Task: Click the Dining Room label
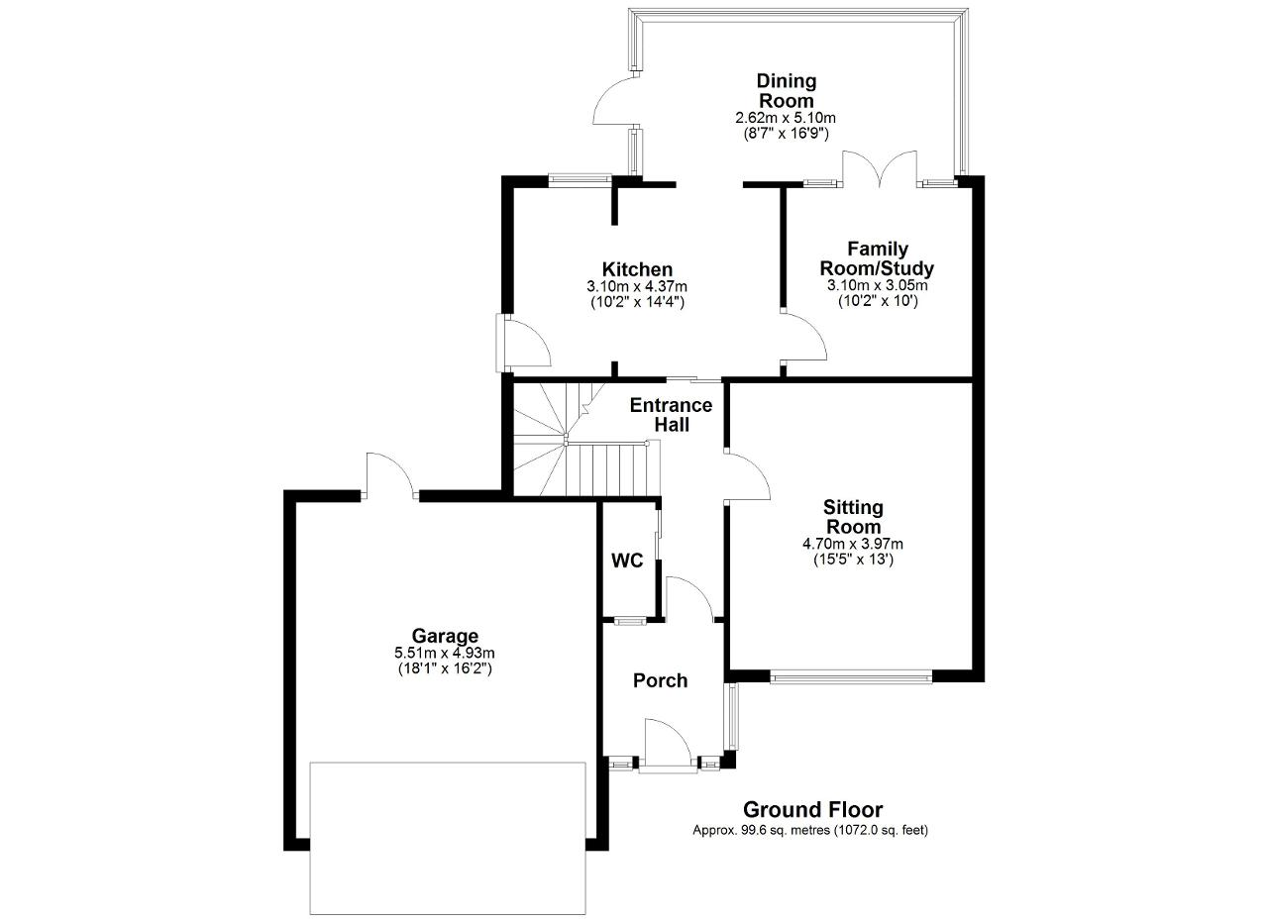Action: pyautogui.click(x=787, y=91)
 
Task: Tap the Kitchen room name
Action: pyautogui.click(x=637, y=268)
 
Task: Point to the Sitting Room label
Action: pyautogui.click(x=853, y=517)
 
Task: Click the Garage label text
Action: pyautogui.click(x=445, y=636)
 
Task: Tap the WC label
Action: pyautogui.click(x=627, y=561)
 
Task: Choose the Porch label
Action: pyautogui.click(x=660, y=680)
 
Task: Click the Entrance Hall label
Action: pyautogui.click(x=671, y=415)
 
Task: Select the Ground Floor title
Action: pyautogui.click(x=812, y=810)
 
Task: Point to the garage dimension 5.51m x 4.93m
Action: pyautogui.click(x=445, y=654)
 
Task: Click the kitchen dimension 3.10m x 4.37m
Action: pyautogui.click(x=637, y=286)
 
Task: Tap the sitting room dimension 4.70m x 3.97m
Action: pyautogui.click(x=853, y=544)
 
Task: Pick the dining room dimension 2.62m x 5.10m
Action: pyautogui.click(x=786, y=118)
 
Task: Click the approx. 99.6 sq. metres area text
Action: pyautogui.click(x=810, y=830)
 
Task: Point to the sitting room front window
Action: pyautogui.click(x=851, y=677)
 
